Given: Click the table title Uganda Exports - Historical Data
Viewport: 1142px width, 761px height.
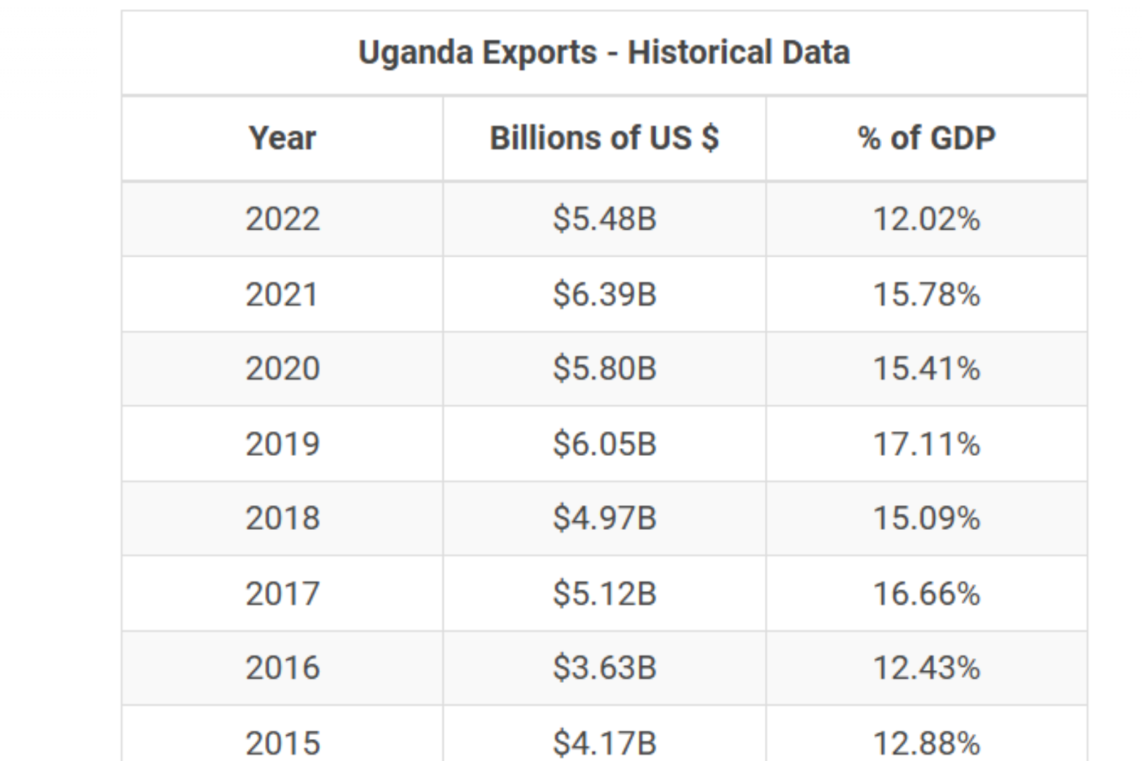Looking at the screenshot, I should (604, 53).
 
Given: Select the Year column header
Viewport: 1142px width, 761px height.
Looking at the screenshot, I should (282, 138).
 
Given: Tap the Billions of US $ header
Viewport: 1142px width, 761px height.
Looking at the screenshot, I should (604, 138).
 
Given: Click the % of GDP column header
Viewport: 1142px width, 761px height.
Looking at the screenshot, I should (926, 138).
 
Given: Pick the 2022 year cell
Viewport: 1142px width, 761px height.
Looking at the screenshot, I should (282, 219).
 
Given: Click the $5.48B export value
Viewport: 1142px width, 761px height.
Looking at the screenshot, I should (604, 219).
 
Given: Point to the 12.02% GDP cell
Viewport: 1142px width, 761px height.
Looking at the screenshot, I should (926, 219).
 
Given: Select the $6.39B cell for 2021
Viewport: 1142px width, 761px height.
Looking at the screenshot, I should (604, 295).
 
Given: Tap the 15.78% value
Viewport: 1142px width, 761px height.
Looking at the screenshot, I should (926, 295).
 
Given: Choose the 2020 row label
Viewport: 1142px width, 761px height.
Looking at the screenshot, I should (282, 369).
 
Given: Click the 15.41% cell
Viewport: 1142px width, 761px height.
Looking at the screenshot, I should (926, 369).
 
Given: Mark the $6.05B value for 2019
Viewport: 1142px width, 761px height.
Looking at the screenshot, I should (604, 445).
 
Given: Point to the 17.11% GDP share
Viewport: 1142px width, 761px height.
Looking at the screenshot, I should (926, 445).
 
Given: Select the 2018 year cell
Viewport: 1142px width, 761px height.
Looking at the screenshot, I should (282, 519).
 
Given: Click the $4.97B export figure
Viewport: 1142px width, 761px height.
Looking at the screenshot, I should (604, 519).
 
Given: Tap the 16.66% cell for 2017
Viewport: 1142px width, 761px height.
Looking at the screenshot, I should (926, 594).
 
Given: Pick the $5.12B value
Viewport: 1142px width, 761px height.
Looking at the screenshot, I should (604, 594).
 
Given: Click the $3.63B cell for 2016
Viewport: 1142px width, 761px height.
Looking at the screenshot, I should (604, 668).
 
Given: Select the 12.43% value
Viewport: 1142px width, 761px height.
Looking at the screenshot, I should (926, 668).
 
